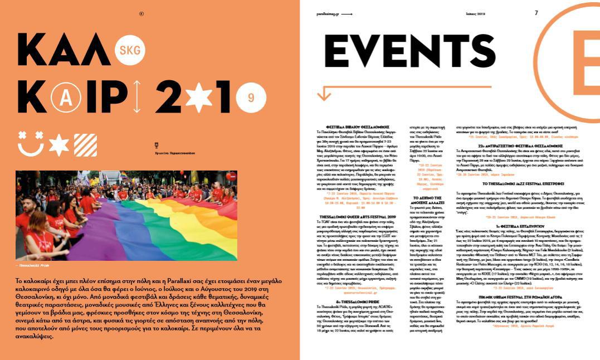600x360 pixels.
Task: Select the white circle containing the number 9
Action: [251, 98]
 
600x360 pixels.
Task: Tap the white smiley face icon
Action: [31, 144]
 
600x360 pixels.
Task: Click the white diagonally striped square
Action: [85, 145]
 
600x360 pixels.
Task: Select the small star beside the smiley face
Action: [59, 145]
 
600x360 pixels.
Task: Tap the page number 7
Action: [536, 13]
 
